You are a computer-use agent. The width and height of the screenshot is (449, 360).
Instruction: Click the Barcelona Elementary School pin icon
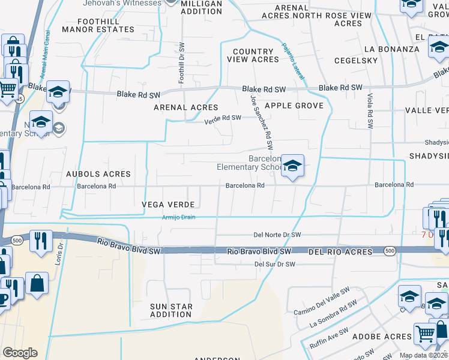292,166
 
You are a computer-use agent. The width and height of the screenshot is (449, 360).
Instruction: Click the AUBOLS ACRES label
99,174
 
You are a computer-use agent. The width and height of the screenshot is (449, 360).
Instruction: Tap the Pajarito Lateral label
294,66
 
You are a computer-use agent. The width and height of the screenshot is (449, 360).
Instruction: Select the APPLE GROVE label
294,106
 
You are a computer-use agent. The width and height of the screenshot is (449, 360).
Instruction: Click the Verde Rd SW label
223,118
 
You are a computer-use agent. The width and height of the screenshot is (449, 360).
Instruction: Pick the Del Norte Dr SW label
277,235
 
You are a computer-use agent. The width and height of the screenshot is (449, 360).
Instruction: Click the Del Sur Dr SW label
275,264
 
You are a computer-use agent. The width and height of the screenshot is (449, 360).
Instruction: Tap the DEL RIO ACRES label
340,252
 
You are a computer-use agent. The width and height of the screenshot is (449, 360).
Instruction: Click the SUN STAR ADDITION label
171,310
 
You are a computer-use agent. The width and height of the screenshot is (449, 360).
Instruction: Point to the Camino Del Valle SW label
321,304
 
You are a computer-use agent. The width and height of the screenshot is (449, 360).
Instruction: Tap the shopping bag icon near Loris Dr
37,284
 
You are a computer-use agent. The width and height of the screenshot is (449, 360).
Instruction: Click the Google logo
20,353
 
